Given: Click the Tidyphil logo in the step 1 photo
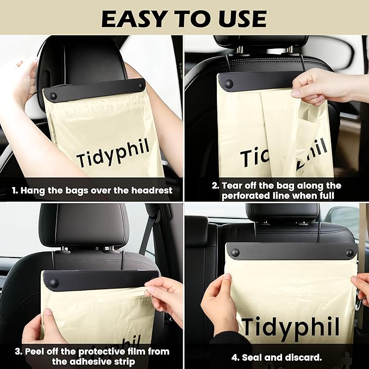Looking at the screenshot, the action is pyautogui.click(x=113, y=153).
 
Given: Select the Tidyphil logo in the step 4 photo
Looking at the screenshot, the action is pyautogui.click(x=291, y=326).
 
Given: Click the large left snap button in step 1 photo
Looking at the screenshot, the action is pyautogui.click(x=53, y=96).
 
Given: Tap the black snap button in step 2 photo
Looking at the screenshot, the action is pyautogui.click(x=229, y=84).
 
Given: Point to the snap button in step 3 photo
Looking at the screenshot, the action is pyautogui.click(x=54, y=283).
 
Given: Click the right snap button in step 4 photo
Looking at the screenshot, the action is pyautogui.click(x=349, y=253).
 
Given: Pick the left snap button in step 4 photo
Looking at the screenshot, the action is pyautogui.click(x=235, y=253).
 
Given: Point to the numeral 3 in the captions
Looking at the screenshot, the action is pyautogui.click(x=18, y=352).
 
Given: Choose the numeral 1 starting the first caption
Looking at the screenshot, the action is pyautogui.click(x=14, y=191).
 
